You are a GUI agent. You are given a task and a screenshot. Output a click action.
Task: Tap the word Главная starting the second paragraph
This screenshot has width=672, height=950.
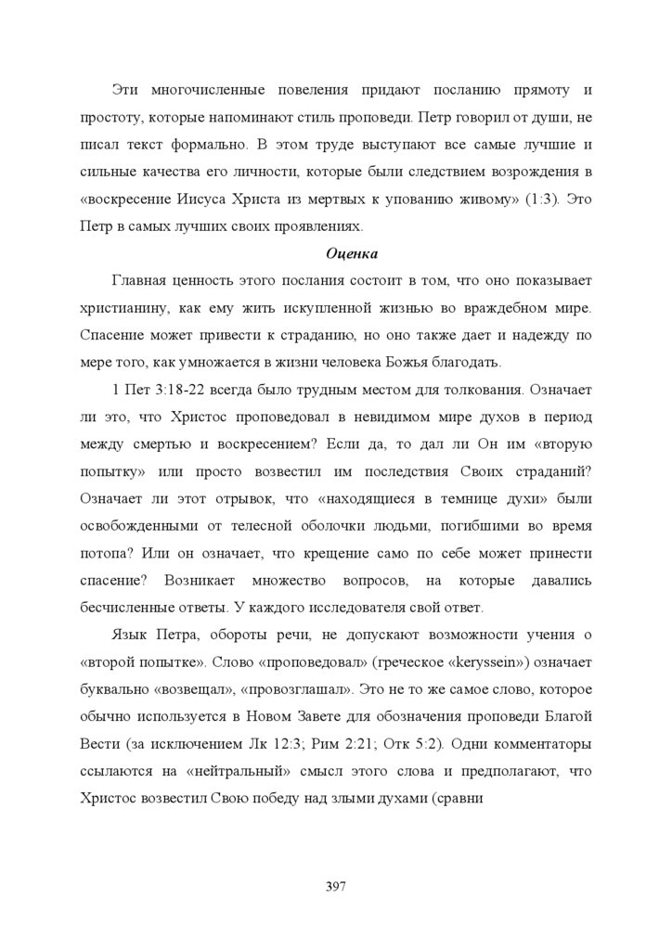pyautogui.click(x=142, y=280)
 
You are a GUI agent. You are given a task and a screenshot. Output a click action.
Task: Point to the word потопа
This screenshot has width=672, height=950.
pyautogui.click(x=105, y=555)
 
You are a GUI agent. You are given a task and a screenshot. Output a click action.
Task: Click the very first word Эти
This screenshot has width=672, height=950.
pyautogui.click(x=126, y=91)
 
